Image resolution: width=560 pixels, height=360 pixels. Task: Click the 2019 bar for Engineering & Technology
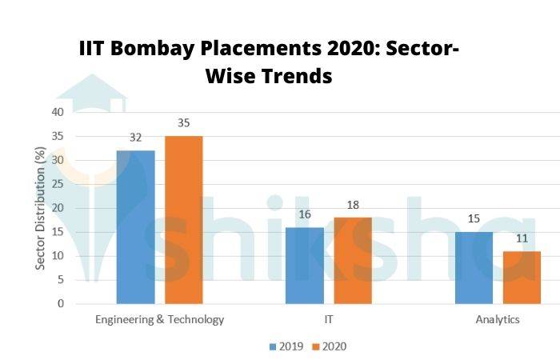[135, 227]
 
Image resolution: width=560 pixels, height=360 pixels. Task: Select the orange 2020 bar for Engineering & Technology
[183, 220]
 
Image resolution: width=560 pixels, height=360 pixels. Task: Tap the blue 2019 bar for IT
[305, 266]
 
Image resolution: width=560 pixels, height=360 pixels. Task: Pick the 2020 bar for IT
[353, 261]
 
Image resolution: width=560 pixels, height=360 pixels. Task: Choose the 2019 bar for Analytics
[474, 268]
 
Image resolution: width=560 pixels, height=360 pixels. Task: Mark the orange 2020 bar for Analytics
[522, 278]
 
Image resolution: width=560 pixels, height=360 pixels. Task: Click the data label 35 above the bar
[183, 124]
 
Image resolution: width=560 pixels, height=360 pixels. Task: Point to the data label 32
[135, 138]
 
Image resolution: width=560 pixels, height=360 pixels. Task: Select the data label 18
[353, 206]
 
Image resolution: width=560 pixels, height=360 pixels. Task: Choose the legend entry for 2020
[328, 346]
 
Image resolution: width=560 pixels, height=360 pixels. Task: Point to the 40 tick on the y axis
[58, 112]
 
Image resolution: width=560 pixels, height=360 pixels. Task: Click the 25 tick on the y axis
[58, 184]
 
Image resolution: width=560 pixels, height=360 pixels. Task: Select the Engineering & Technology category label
[159, 320]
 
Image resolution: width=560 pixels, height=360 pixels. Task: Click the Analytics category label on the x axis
[498, 320]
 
